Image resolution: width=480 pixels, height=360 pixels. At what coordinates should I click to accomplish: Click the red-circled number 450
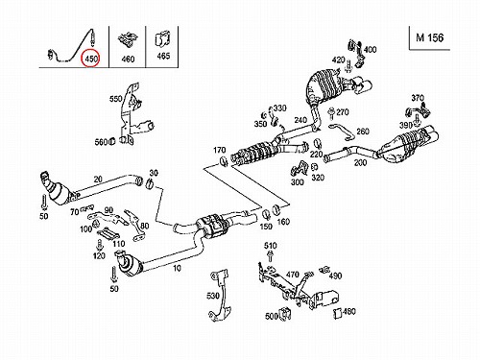click(91, 59)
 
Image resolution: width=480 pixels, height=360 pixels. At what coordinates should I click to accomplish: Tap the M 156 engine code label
click(430, 37)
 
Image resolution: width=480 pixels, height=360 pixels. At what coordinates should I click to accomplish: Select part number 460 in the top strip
click(128, 59)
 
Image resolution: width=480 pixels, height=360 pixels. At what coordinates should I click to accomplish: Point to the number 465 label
click(163, 56)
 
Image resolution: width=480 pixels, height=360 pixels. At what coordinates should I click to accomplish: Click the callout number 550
click(116, 99)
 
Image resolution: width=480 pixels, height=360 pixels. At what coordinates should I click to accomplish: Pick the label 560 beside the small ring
click(101, 142)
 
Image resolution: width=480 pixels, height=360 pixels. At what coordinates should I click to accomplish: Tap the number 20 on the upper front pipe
click(98, 179)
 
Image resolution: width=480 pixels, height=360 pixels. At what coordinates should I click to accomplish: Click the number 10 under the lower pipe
click(177, 268)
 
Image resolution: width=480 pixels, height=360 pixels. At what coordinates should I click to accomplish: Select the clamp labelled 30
click(148, 183)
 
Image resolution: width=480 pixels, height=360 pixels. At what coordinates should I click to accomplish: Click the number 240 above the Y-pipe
click(300, 120)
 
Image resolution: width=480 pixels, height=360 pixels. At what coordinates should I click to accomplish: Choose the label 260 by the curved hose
click(363, 132)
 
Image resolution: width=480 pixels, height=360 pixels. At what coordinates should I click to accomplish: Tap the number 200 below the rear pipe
click(360, 163)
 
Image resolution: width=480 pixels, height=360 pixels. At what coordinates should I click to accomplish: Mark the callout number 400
click(370, 50)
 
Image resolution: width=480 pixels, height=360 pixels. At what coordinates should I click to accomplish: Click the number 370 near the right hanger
click(418, 98)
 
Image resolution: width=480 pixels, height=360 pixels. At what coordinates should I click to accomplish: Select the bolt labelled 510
click(271, 256)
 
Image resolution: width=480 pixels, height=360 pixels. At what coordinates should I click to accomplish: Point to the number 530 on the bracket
click(213, 296)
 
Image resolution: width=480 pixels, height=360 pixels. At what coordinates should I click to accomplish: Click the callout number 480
click(348, 311)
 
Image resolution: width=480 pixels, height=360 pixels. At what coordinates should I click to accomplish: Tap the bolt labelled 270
click(331, 113)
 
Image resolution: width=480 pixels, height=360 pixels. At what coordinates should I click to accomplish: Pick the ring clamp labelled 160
click(276, 209)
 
